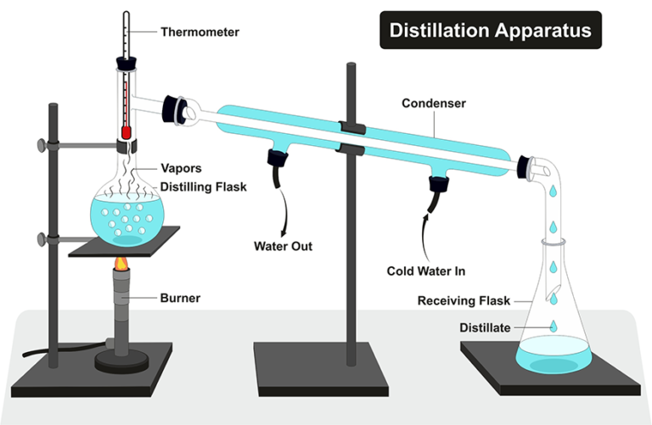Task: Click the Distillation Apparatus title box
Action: point(490,31)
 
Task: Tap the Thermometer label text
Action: point(200,33)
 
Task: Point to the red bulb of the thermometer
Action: point(126,132)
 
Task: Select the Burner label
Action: point(179,298)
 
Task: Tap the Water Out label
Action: point(284,247)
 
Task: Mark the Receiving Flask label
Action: point(464,301)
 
